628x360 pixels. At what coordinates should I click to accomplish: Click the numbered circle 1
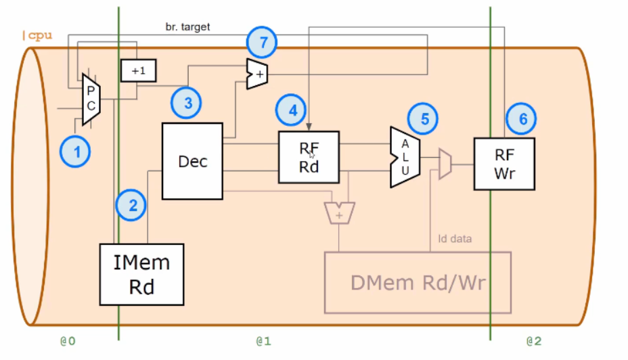[77, 152]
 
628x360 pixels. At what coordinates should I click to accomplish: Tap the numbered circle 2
[133, 204]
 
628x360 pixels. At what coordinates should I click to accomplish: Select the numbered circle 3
[188, 103]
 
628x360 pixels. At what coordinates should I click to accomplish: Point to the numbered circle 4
[292, 110]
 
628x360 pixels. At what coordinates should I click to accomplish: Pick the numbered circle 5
[424, 119]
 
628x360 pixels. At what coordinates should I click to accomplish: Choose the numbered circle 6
[522, 119]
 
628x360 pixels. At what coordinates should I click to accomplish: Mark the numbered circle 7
[264, 43]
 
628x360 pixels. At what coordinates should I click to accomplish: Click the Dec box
[192, 161]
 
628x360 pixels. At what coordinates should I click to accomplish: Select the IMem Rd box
[142, 274]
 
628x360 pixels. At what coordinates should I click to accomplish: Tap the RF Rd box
[309, 157]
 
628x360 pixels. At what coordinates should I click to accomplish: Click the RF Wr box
[504, 163]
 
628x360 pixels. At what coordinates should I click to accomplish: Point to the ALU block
[405, 157]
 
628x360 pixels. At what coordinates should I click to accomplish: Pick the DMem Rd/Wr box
[418, 282]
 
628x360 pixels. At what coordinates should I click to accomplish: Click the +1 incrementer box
[138, 70]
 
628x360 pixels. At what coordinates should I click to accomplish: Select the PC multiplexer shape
[91, 99]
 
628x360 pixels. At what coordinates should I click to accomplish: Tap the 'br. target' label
[187, 27]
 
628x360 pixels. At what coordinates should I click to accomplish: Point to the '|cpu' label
[37, 36]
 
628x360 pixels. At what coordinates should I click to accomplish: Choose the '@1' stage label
[263, 341]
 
